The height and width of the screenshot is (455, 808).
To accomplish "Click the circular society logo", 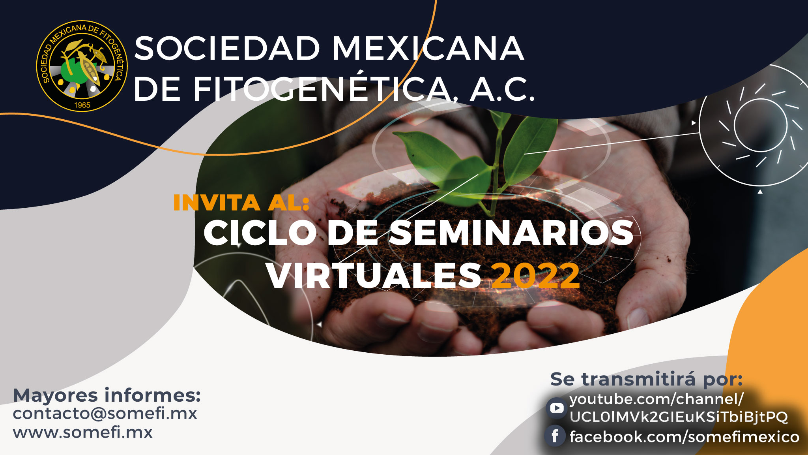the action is (x=82, y=66).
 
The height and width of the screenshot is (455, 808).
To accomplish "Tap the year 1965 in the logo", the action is (x=82, y=105).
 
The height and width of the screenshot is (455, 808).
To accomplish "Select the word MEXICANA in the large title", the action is (x=428, y=48).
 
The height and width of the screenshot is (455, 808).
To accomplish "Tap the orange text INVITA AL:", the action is (x=241, y=203).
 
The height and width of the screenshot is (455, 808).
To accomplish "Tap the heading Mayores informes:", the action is (x=107, y=395).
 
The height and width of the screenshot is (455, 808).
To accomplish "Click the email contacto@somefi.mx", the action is (x=105, y=414).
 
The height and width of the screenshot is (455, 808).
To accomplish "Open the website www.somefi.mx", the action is (x=83, y=432).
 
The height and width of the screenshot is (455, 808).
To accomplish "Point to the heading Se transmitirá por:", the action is (x=647, y=379).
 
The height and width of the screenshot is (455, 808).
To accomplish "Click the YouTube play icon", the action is (x=556, y=408).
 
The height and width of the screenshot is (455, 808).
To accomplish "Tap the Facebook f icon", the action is (x=555, y=436).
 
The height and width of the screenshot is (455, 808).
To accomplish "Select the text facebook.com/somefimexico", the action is (x=685, y=437).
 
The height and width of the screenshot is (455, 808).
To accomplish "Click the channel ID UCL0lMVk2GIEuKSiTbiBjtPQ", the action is (x=679, y=417).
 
